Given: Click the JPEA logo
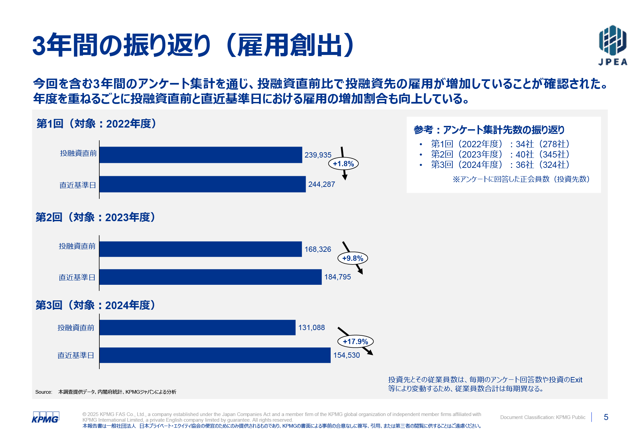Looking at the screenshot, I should point(613,45).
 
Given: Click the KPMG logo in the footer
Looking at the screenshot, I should point(45,417).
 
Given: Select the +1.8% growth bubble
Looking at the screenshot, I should point(343,164).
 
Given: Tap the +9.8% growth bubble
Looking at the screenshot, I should point(353,258).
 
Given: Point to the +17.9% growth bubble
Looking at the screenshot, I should point(355,341).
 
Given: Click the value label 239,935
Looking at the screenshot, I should point(318,155).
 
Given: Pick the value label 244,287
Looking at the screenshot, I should point(321,184).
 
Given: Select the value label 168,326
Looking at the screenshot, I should point(317,249).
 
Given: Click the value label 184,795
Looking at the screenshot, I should point(337,277).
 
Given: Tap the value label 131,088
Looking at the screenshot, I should point(311,327).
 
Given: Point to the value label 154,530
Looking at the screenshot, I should point(346,355).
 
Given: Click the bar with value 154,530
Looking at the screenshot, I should point(215,355).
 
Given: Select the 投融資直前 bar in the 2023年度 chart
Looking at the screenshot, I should point(200,249).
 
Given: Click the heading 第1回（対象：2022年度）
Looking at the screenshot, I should point(97,124).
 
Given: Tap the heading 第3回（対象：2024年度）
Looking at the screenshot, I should point(96,305).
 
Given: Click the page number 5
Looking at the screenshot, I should point(606,417).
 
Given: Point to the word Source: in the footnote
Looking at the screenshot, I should point(44,392).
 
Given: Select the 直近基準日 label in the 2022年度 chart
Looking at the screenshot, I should point(78,185).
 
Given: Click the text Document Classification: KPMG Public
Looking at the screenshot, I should point(542,417).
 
